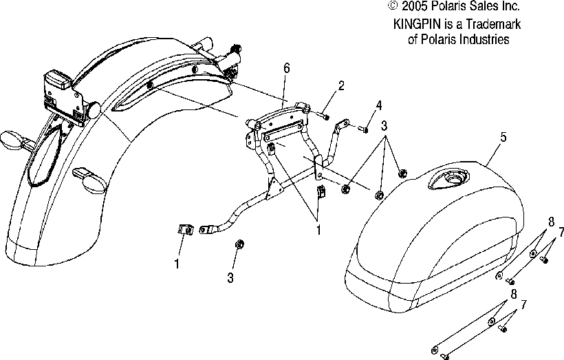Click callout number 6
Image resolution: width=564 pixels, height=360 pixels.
[286, 67]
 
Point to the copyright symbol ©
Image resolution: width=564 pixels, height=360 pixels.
[393, 6]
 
